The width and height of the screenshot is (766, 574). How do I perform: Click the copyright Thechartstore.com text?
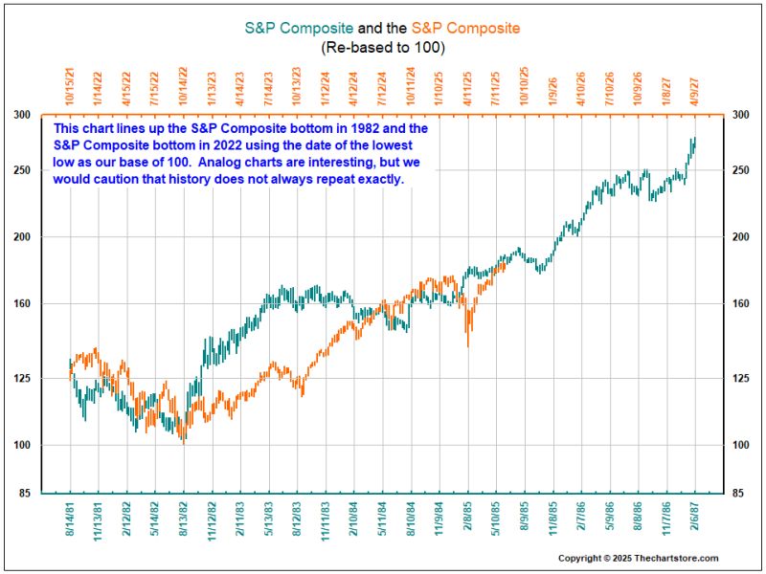(638, 559)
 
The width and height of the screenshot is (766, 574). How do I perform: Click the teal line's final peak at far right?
(693, 138)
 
